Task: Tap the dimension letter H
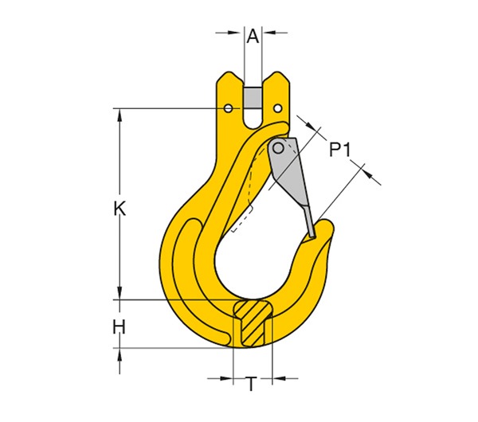point(119,326)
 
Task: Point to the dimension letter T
point(251,385)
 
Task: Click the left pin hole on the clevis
point(229,107)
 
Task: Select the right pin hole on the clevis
point(277,107)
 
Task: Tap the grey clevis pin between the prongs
point(253,97)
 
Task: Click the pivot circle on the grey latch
point(278,147)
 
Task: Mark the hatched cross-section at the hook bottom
point(251,322)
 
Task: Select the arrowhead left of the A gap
point(238,33)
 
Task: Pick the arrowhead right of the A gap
point(268,33)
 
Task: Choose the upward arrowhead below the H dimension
point(119,354)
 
